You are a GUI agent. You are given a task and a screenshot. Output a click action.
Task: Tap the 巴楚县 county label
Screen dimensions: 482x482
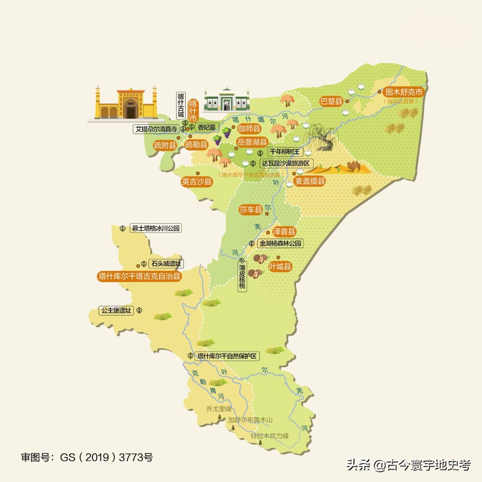pos(331,101)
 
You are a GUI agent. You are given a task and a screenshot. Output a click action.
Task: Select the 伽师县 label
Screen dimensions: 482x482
pos(249,129)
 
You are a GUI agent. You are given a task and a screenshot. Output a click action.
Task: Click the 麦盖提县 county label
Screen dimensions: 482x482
pos(310,181)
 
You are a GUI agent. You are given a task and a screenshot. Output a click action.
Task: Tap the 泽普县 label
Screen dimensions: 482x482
pos(284,232)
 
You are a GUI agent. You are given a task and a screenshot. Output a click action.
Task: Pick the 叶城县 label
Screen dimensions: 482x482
pos(280,267)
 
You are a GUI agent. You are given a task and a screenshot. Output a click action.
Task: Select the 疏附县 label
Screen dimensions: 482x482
pos(165,145)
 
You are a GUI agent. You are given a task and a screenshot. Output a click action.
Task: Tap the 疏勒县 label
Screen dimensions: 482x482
pos(196,145)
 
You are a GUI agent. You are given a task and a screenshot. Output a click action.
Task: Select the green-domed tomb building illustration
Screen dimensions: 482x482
pos(226,100)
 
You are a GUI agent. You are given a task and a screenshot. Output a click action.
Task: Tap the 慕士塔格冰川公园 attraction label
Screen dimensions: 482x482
pos(156,229)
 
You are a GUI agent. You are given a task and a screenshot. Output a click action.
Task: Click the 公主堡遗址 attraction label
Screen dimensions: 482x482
pos(117,310)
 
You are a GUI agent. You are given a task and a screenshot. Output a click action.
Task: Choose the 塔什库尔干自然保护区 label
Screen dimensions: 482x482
pos(228,356)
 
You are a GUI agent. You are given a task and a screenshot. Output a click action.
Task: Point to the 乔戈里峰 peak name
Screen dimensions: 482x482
pos(219,408)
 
